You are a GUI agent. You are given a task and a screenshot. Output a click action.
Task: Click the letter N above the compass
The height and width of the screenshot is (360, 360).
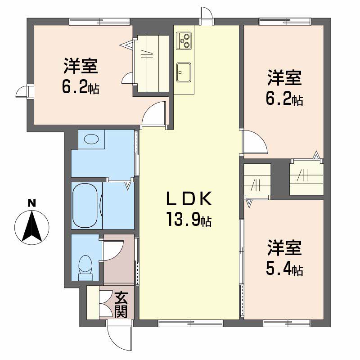click(31, 203)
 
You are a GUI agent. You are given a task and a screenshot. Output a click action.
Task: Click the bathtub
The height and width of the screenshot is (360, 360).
click(85, 205)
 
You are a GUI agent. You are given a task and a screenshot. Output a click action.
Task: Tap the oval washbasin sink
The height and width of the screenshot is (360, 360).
click(91, 139)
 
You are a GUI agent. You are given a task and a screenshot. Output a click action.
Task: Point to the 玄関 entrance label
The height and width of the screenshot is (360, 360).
click(120, 305)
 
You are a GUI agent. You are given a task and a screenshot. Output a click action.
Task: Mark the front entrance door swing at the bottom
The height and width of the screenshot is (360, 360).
click(118, 335)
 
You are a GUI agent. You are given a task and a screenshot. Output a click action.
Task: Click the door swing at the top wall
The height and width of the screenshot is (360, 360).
click(206, 13)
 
